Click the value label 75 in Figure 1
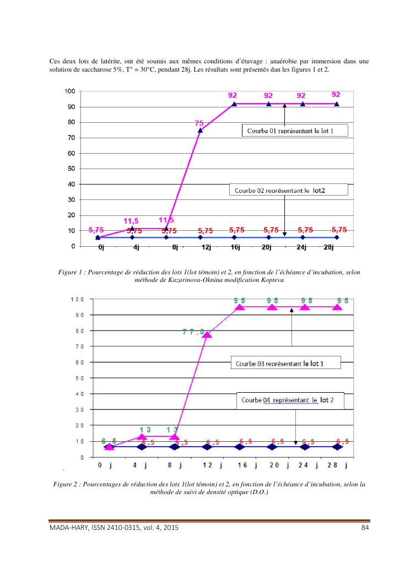pos(199,123)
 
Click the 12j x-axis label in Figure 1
pos(206,248)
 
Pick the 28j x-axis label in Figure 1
pos(329,248)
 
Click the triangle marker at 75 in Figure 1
pos(200,131)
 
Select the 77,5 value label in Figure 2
pos(193,332)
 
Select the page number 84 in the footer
pos(364,528)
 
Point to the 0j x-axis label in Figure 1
pos(101,248)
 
